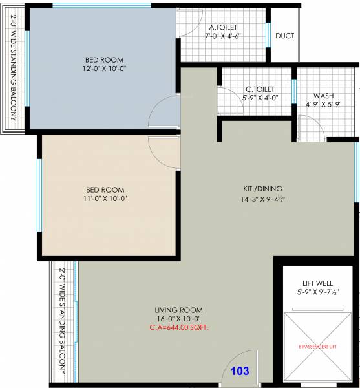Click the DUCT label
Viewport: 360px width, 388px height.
(285, 36)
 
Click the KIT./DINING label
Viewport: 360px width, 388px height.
(263, 189)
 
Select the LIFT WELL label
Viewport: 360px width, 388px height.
(317, 283)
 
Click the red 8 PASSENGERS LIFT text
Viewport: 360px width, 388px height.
(317, 347)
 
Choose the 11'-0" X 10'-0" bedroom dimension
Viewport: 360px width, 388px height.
(103, 199)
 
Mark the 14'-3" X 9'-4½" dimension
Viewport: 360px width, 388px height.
(264, 199)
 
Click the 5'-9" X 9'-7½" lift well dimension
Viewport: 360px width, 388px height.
(317, 292)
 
